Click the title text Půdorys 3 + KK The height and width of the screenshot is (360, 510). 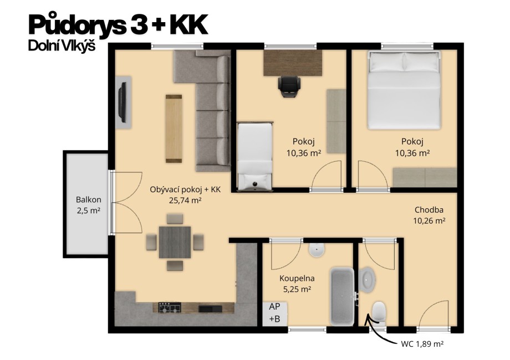[118, 25]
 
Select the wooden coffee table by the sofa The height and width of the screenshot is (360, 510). [174, 128]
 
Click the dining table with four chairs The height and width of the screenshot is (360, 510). [175, 242]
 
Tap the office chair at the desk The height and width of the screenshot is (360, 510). [289, 86]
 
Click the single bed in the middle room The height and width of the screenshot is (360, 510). [255, 155]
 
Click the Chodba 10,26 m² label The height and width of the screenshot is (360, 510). [430, 215]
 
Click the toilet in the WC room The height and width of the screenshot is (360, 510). [380, 312]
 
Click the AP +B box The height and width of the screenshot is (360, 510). [274, 312]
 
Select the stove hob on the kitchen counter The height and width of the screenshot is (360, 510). [169, 307]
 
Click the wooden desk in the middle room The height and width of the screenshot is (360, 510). [293, 62]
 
